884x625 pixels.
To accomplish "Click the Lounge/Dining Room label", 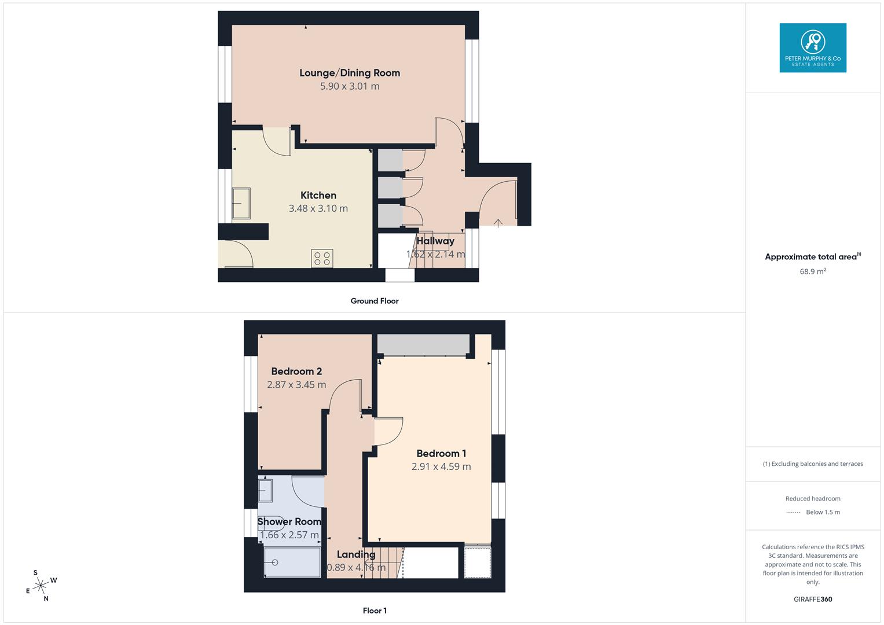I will click(x=350, y=73).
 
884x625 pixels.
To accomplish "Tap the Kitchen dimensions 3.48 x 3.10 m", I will click(x=318, y=208).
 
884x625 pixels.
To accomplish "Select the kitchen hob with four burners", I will click(x=322, y=258).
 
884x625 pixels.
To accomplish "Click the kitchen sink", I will click(x=241, y=204).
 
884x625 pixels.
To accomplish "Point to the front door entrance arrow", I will click(x=498, y=222).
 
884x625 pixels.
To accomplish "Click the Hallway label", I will click(x=435, y=241).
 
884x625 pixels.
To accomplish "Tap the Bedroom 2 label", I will click(x=296, y=372).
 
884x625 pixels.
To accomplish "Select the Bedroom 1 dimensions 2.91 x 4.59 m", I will click(x=441, y=466).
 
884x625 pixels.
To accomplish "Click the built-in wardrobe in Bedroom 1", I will click(x=423, y=344).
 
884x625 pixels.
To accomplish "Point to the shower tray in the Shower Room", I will click(x=292, y=562).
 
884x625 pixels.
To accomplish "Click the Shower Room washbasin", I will click(x=265, y=491).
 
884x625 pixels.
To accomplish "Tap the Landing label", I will click(x=356, y=554).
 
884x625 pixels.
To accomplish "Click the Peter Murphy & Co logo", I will click(x=813, y=48).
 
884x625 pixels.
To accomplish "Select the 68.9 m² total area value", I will click(x=813, y=271).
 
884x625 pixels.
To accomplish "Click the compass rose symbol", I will click(x=41, y=586).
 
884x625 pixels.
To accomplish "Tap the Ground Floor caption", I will click(x=375, y=301).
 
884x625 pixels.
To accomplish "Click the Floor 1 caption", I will click(x=375, y=611).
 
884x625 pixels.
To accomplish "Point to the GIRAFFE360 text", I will click(x=813, y=599).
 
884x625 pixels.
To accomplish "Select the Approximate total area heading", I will click(x=812, y=257).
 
